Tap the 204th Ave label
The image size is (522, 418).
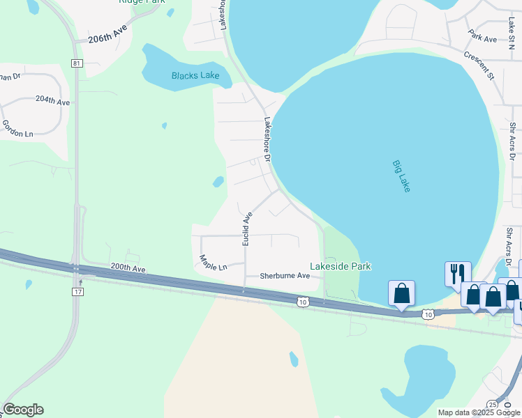(53, 101)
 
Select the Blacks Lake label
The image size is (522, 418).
(195, 75)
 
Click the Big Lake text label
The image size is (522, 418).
(401, 176)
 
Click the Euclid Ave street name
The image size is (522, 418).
(246, 229)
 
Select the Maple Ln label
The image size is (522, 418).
(213, 263)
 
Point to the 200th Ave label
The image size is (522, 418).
(128, 268)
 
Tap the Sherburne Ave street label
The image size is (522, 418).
(285, 276)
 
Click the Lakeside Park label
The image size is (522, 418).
(341, 266)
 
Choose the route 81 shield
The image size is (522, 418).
(76, 63)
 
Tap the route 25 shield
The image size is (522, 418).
(493, 404)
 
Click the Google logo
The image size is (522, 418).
(23, 410)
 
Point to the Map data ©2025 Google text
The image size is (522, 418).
(478, 412)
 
